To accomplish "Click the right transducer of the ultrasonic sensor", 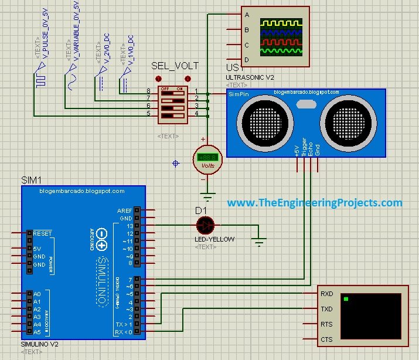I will pyautogui.click(x=347, y=121).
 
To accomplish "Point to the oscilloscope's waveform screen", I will pyautogui.click(x=282, y=36).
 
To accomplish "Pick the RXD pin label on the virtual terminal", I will pyautogui.click(x=327, y=294).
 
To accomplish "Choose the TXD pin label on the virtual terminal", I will pyautogui.click(x=327, y=309).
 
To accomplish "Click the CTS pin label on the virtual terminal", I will pyautogui.click(x=327, y=339).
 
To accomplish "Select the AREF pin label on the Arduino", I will pyautogui.click(x=124, y=210).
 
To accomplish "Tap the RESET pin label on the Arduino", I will pyautogui.click(x=43, y=233).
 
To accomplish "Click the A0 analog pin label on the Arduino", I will pyautogui.click(x=37, y=294).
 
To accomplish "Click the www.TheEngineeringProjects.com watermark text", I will pyautogui.click(x=315, y=203).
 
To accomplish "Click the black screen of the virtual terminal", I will pyautogui.click(x=372, y=315).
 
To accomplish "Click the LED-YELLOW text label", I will pyautogui.click(x=214, y=239).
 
